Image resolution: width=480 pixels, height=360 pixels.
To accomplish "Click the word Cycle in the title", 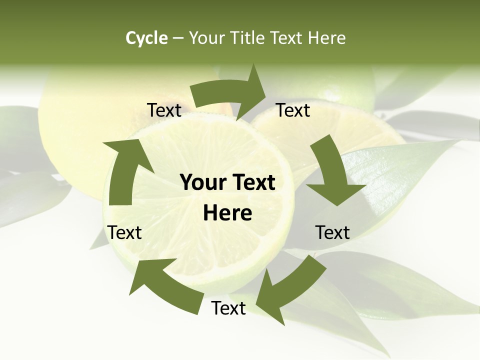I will point(146,38).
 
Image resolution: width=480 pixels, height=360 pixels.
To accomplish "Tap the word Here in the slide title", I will point(326,38).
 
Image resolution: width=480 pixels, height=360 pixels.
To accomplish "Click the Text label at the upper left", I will point(164,110).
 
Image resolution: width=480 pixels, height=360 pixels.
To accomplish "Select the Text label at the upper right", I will point(293,110).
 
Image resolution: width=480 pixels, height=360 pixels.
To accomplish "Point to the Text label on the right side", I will point(332,232).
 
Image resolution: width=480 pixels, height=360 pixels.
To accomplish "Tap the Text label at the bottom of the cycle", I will point(228,308).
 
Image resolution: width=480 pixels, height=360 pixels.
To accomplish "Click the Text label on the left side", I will point(124,232).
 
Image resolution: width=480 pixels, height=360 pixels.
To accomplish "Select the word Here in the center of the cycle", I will point(227,213).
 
